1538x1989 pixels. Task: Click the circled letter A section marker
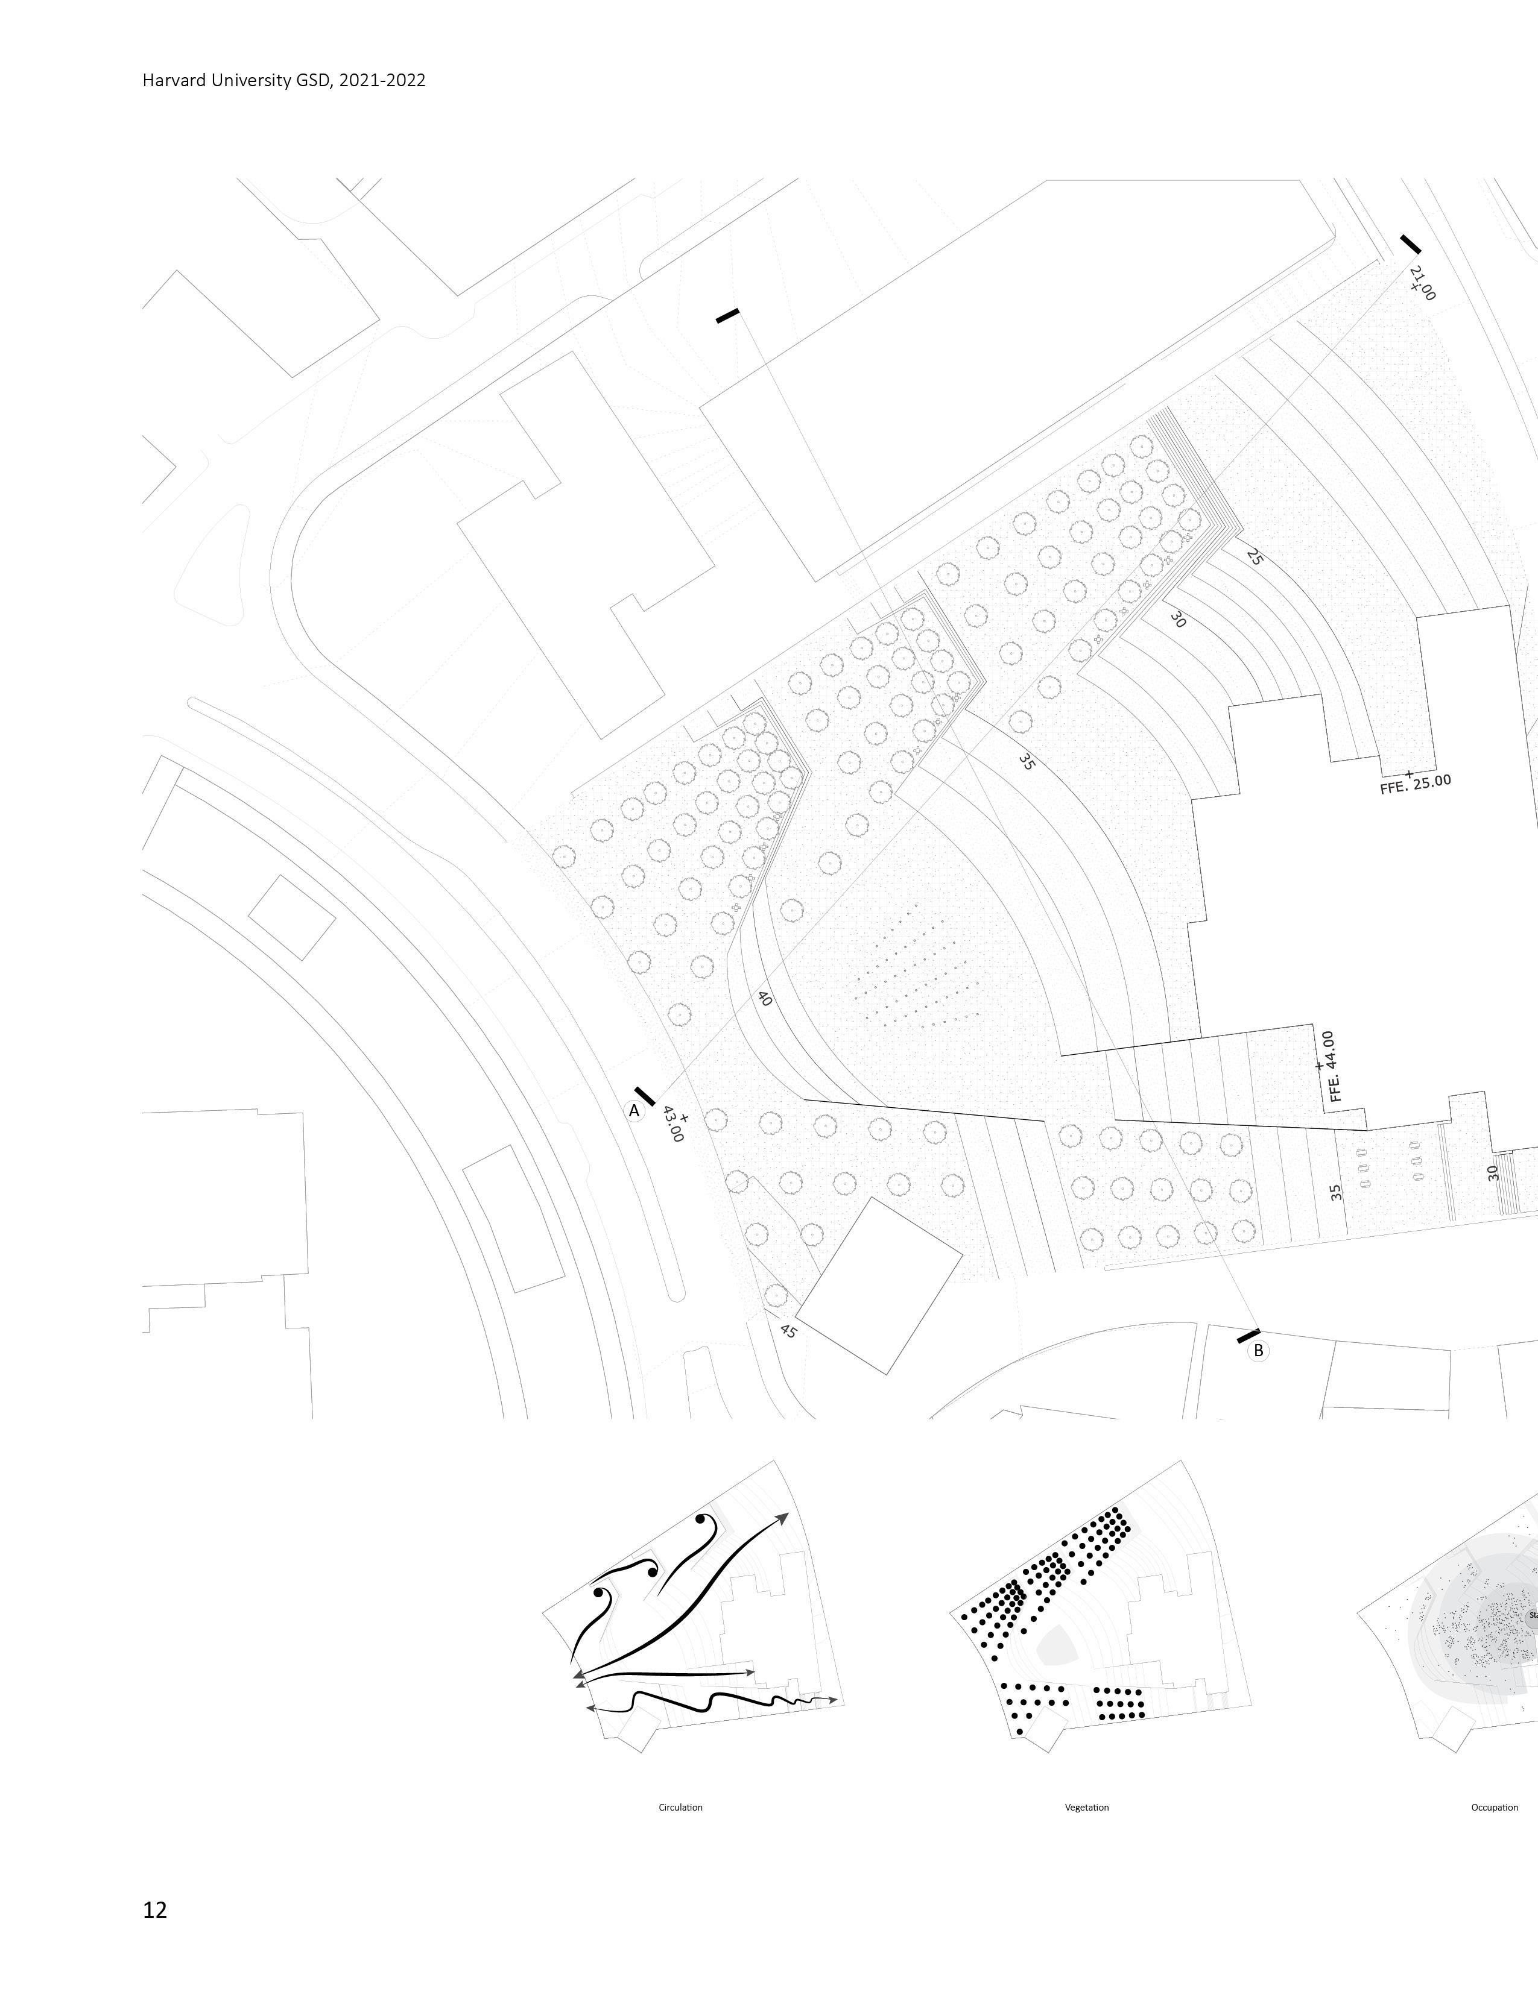[x=634, y=1110]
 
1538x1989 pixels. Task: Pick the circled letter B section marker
[x=1258, y=1351]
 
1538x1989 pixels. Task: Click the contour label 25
[x=1254, y=558]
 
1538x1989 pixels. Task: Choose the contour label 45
[x=788, y=1331]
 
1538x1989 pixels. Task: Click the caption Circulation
[x=680, y=1807]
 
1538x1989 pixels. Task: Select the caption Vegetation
[x=1087, y=1807]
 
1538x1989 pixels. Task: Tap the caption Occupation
[x=1494, y=1807]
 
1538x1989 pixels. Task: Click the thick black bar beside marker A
[x=644, y=1096]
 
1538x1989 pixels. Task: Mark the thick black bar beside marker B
[x=1248, y=1335]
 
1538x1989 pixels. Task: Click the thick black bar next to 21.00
[x=1411, y=244]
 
